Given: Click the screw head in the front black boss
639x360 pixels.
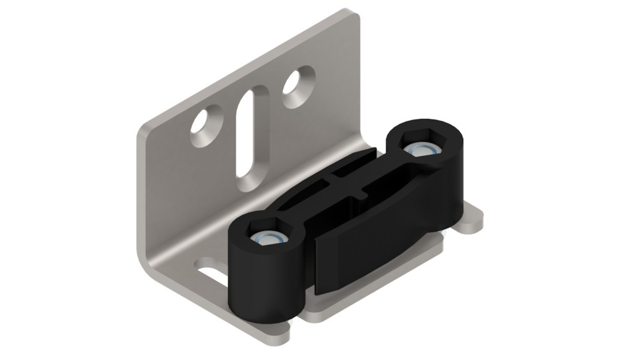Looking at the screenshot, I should [266, 239].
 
